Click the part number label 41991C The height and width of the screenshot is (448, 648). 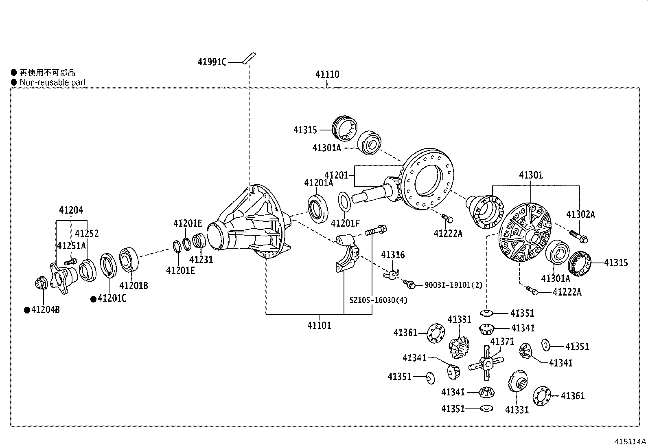coord(212,62)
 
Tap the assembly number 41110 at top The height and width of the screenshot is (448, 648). coord(327,75)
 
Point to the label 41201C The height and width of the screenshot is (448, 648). coord(112,298)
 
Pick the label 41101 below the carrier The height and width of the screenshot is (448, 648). coord(319,325)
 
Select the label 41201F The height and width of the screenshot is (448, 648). coord(345,223)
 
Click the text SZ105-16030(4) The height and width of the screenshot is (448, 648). coord(378,300)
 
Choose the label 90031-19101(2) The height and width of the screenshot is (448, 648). coord(453,285)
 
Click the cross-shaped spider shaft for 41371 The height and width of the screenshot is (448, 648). coord(486,362)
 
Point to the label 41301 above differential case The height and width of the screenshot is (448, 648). coord(530,175)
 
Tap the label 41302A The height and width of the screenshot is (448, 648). coord(580,214)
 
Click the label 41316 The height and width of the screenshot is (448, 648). coord(393,255)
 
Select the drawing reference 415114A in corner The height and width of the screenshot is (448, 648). coord(630,441)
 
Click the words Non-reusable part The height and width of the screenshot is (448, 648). coord(53,82)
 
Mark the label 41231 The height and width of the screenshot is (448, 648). coord(201,259)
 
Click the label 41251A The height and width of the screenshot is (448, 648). coord(71,246)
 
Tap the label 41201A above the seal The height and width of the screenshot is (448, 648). coord(318,183)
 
